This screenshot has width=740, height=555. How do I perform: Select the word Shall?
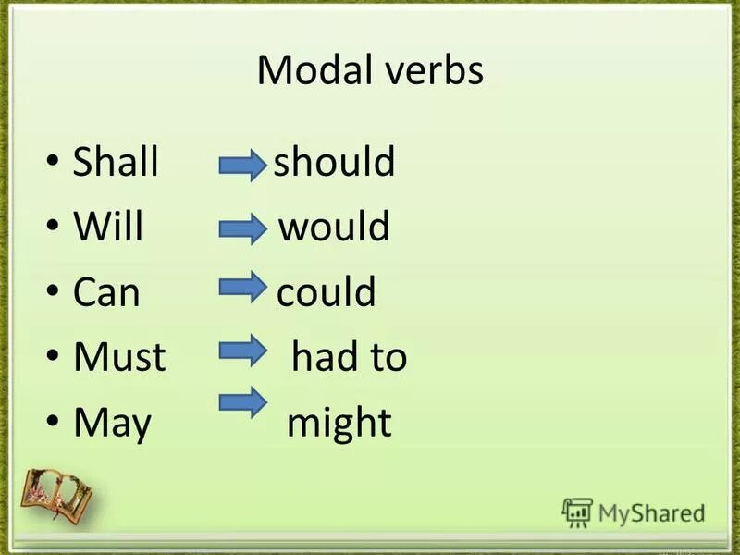pos(116,163)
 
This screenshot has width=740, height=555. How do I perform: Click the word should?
pos(335,163)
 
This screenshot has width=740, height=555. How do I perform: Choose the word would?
pos(334,228)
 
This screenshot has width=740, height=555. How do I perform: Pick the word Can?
pos(106,293)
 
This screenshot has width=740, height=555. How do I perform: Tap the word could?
pos(327,293)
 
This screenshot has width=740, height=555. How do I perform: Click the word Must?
pos(119,358)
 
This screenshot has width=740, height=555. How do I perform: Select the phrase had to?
pos(350,358)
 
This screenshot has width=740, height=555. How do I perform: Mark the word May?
pos(112,424)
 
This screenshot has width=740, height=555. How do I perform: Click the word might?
pos(339,424)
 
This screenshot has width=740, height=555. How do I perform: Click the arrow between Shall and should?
pos(242,166)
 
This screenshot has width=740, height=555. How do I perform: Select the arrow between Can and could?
pos(242,288)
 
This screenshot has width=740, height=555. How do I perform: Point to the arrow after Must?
pos(242,349)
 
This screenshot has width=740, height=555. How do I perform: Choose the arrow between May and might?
pos(242,403)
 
